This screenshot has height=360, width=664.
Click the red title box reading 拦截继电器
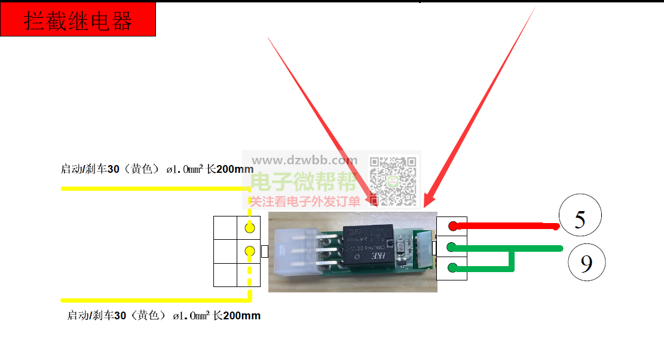(78, 20)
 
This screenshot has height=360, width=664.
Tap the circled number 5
(580, 219)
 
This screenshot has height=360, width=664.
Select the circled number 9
(586, 263)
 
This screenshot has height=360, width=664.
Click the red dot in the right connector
(453, 226)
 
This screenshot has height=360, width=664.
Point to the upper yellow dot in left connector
(250, 228)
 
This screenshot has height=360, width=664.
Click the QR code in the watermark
(393, 179)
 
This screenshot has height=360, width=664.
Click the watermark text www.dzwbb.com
(304, 160)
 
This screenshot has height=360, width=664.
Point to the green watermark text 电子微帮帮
(304, 181)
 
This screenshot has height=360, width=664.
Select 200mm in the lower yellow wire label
(242, 315)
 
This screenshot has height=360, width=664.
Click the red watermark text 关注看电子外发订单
(304, 202)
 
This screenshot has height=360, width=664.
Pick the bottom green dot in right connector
(453, 268)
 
